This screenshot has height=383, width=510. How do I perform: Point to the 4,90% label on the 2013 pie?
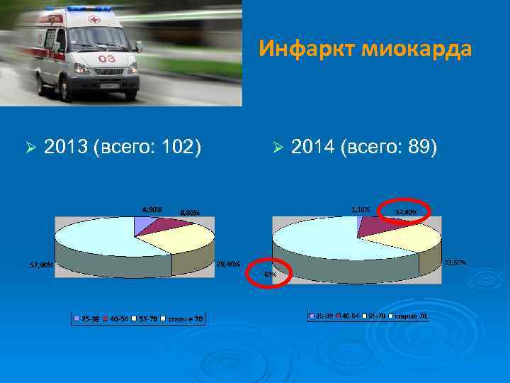coord(152,209)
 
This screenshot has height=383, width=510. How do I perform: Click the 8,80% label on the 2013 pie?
coord(190,212)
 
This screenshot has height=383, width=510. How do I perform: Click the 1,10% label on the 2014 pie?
coord(361,209)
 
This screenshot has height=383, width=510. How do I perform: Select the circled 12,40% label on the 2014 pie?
coord(407,212)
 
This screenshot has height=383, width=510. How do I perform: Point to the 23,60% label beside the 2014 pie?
coord(455,263)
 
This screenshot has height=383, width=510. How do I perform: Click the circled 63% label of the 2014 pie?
coord(270,274)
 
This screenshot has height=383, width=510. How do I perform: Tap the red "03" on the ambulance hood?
coord(107,58)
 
